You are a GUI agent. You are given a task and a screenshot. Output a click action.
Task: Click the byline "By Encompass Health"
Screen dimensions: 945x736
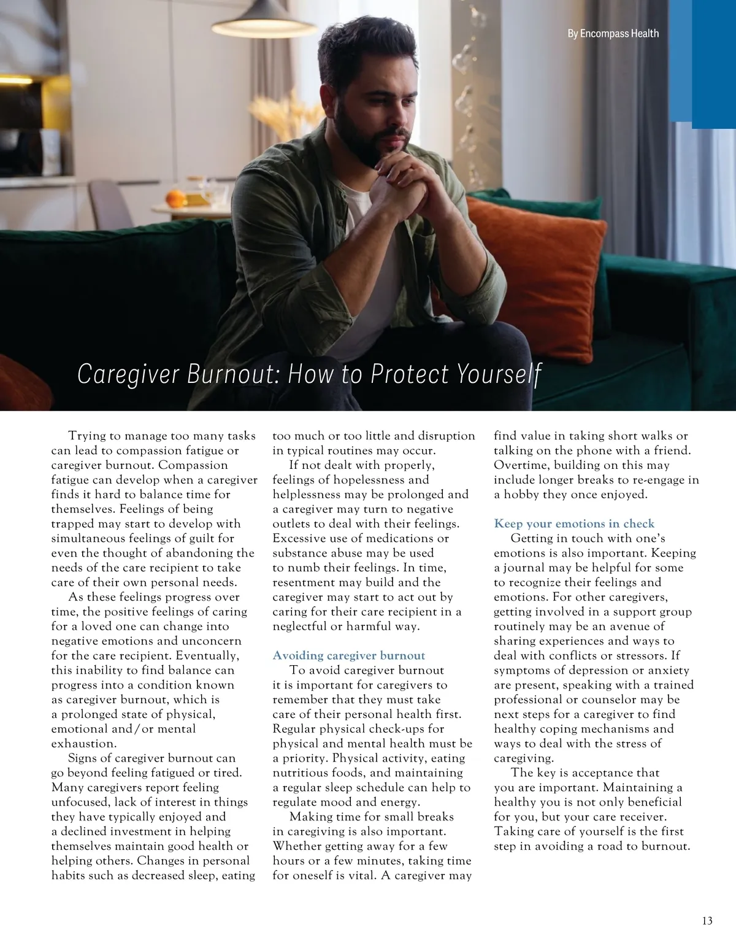click(x=613, y=34)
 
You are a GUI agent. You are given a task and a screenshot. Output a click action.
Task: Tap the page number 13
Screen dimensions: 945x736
click(x=707, y=920)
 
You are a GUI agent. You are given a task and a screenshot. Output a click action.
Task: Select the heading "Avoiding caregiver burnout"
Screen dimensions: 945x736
click(x=348, y=655)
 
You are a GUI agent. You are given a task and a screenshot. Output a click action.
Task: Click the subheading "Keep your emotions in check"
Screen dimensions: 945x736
click(x=574, y=523)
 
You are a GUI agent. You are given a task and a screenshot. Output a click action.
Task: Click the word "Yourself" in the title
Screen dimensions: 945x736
click(x=499, y=374)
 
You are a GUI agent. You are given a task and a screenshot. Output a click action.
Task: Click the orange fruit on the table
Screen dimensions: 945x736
click(x=175, y=198)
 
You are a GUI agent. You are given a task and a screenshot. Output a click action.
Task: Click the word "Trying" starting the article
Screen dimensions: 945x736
click(x=86, y=436)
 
